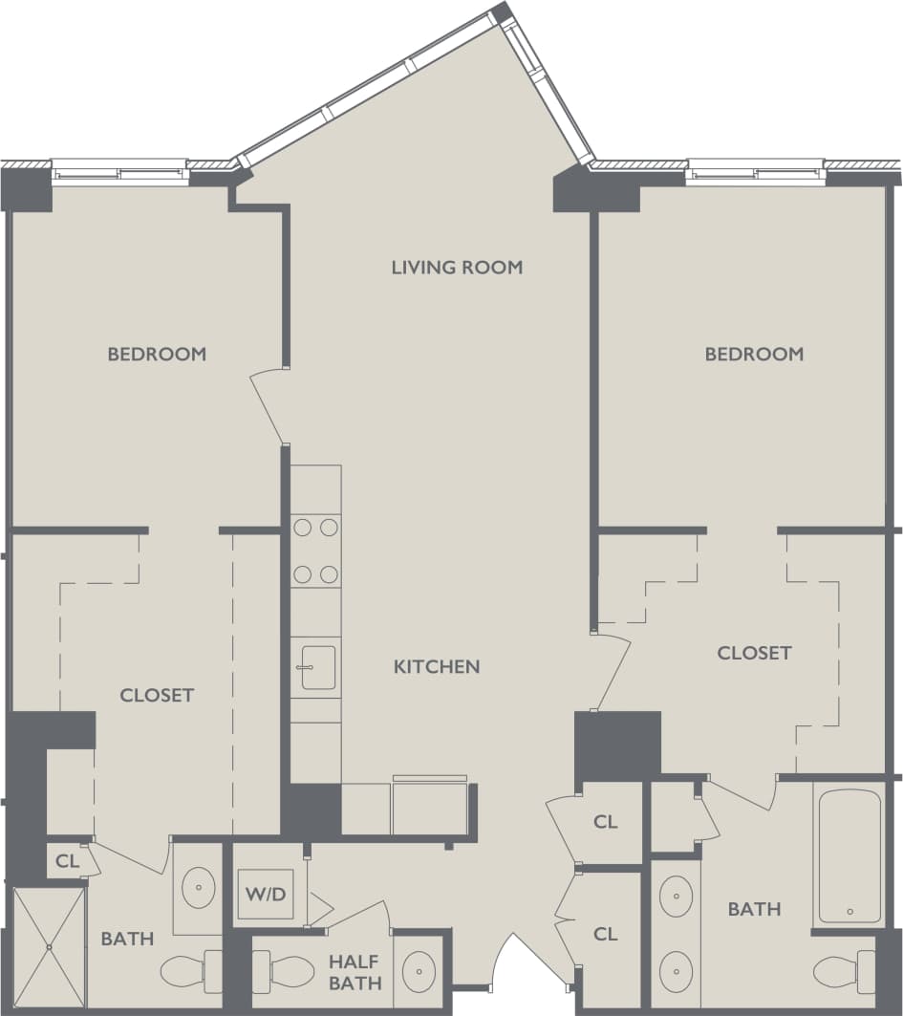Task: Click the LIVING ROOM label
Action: [457, 267]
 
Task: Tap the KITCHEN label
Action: [437, 666]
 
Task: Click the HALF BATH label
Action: [355, 972]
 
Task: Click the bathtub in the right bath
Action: [849, 855]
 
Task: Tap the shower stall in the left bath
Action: [49, 946]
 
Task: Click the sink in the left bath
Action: [199, 887]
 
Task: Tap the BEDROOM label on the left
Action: [157, 354]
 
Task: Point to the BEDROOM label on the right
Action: [754, 354]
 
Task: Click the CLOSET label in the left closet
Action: [157, 695]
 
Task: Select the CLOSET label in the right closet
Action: [754, 653]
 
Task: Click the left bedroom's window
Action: [119, 172]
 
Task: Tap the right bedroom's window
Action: [755, 172]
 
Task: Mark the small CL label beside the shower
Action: [67, 861]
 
